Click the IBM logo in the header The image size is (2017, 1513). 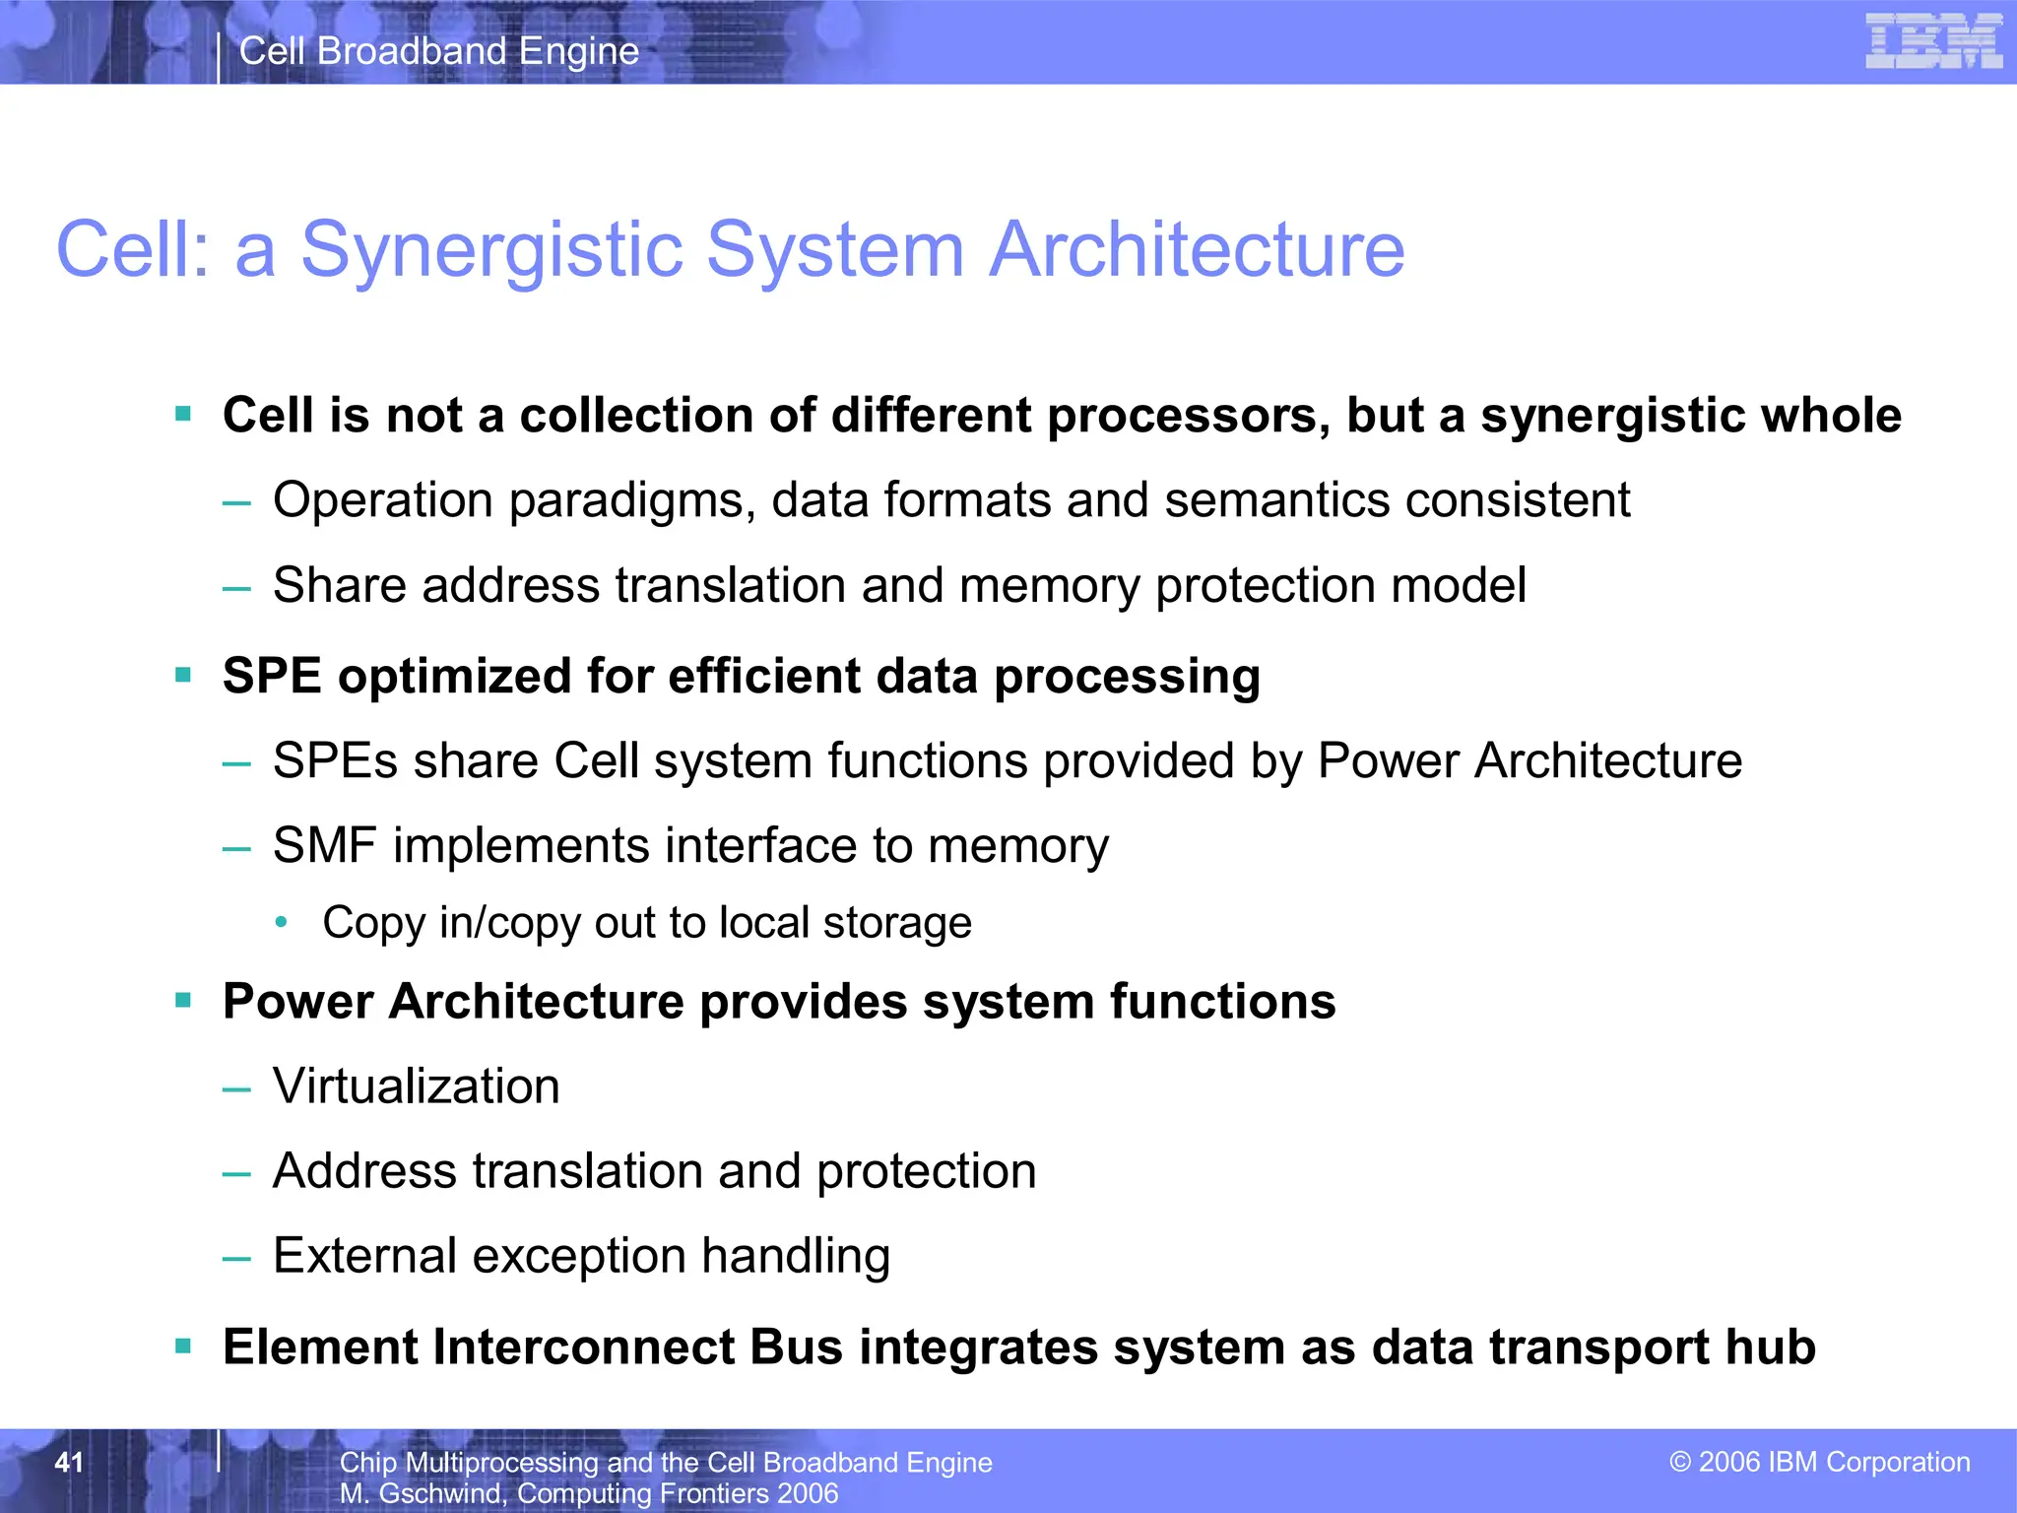coord(1932,42)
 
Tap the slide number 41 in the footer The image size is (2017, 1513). coord(68,1462)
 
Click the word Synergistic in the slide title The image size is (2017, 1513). coord(491,249)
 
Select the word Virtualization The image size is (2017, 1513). coord(416,1086)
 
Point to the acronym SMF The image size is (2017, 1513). coord(324,846)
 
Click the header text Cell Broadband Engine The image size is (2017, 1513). coord(439,51)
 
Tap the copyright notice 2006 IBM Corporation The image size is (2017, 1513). coord(1820,1462)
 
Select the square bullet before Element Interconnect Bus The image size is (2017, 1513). coord(183,1346)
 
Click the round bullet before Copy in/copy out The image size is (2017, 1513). coord(282,923)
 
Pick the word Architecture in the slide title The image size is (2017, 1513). coord(1197,249)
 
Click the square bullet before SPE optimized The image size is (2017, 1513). coord(183,675)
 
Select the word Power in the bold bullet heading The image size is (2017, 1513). coord(297,1002)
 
